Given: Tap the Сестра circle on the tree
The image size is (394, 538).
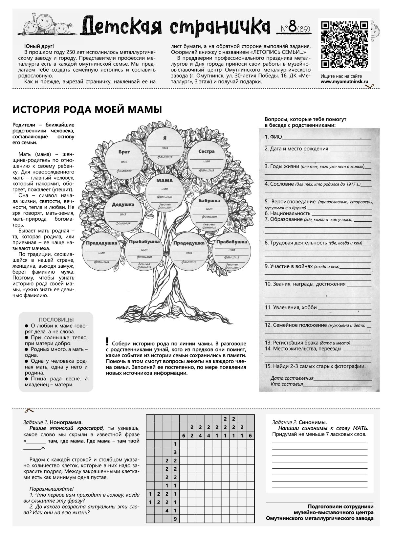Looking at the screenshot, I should click(207, 160).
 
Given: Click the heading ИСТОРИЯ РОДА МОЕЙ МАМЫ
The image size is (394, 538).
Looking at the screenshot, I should click(87, 109).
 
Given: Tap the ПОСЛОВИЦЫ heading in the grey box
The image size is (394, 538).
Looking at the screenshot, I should click(56, 320).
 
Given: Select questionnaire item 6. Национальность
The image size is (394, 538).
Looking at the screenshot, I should click(288, 213).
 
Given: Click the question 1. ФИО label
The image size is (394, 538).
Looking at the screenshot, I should click(273, 137).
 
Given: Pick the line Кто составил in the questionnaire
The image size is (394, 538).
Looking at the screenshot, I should click(287, 384).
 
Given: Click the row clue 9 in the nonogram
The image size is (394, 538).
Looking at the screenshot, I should click(176, 519).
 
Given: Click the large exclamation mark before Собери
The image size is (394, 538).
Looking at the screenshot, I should click(107, 341).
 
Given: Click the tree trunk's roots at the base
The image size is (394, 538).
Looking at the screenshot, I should click(164, 310).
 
